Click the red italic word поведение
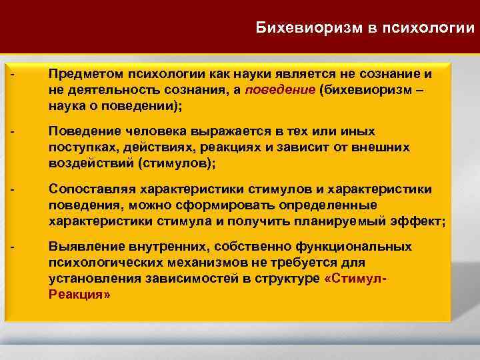(x=280, y=90)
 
